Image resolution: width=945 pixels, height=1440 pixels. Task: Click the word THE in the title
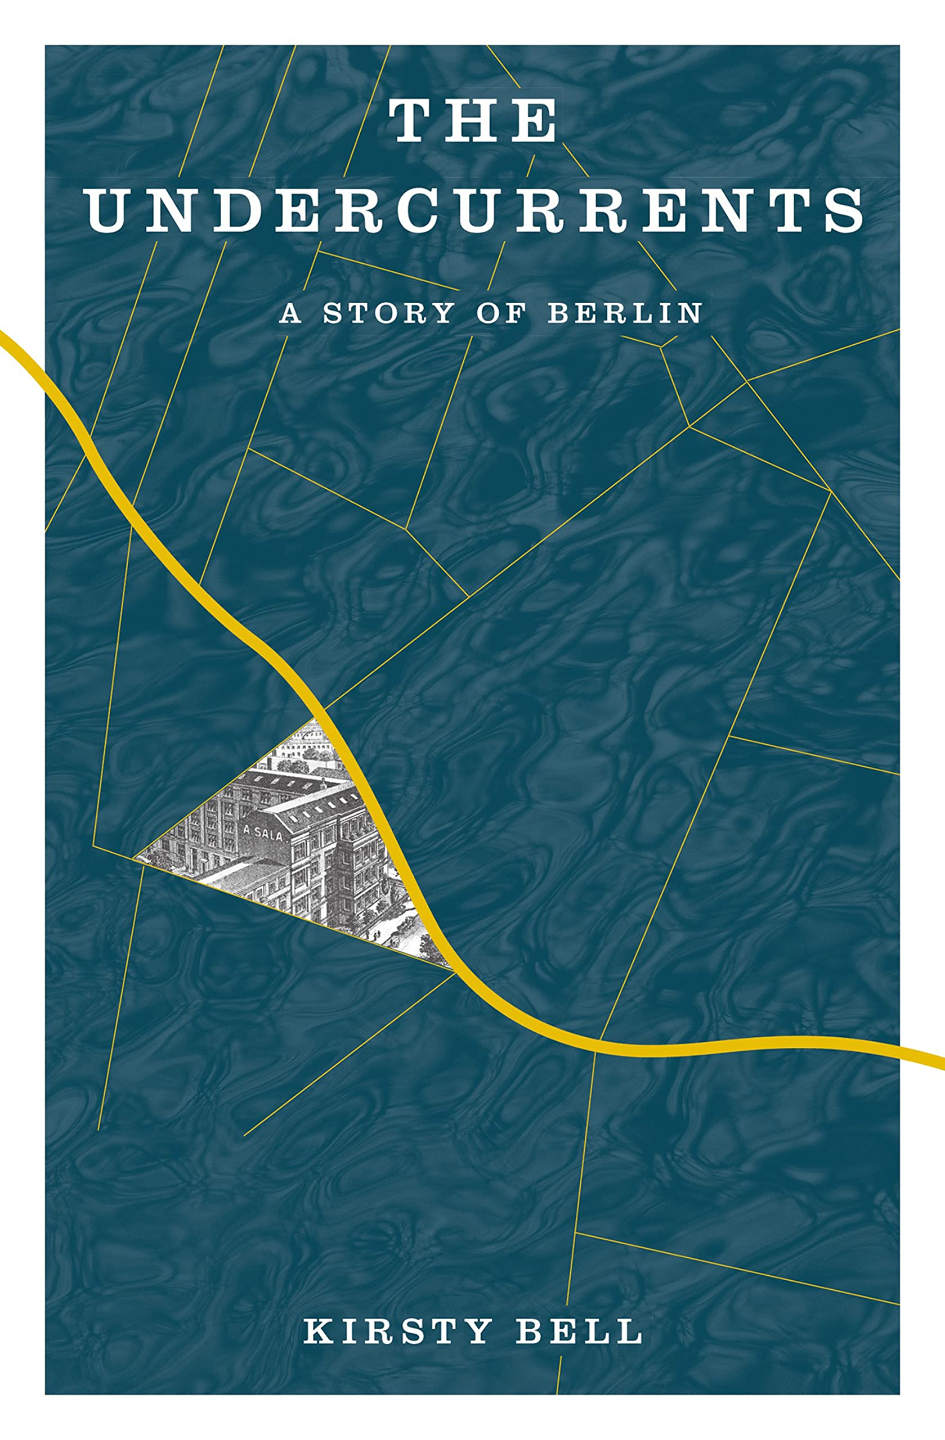(x=473, y=121)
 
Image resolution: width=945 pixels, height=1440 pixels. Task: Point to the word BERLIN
(x=624, y=313)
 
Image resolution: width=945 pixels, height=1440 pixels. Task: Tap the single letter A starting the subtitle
(x=290, y=313)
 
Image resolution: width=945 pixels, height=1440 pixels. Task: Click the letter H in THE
(x=472, y=121)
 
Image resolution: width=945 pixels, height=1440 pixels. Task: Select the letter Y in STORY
(x=444, y=313)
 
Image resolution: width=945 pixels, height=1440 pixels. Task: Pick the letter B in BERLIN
(x=558, y=313)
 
